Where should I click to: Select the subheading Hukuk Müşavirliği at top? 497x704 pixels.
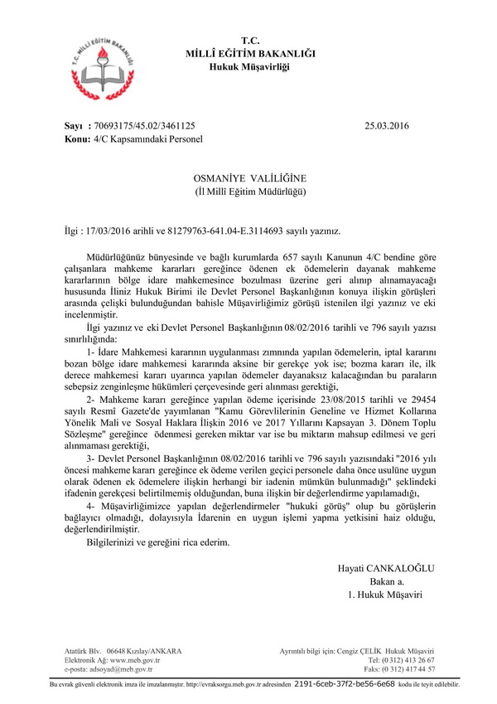tap(249, 66)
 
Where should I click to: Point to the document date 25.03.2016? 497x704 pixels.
tap(387, 127)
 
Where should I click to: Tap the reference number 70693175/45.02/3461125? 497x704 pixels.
tap(146, 127)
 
